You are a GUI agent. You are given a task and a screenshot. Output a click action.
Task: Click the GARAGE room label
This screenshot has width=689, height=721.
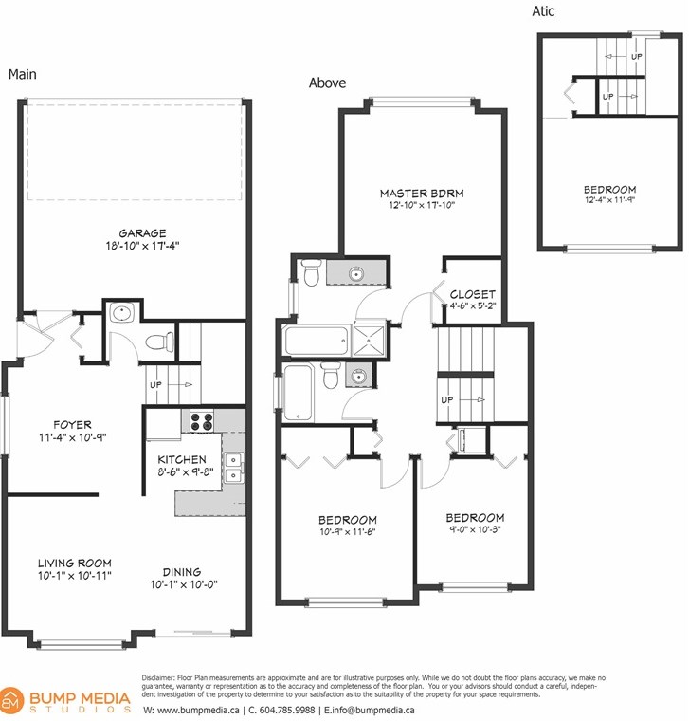tap(142, 233)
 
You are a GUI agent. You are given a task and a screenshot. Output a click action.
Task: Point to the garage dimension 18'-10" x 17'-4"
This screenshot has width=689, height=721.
tap(142, 246)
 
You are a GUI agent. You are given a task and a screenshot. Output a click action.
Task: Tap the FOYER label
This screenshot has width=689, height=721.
tap(73, 424)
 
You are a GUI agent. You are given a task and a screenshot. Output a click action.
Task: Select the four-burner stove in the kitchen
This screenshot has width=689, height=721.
tap(202, 421)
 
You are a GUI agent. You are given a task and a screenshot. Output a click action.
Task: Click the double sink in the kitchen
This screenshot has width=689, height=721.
tap(234, 468)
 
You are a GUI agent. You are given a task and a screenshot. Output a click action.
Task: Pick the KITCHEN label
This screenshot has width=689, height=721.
tap(182, 459)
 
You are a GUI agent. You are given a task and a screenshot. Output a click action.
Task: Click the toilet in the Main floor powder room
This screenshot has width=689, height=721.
tap(159, 342)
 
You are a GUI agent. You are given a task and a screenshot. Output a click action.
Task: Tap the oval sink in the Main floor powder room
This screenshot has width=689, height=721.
tap(121, 314)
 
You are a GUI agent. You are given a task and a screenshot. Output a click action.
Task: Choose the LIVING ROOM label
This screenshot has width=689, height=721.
tap(75, 563)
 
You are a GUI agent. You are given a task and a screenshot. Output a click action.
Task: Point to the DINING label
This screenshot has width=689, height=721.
tap(182, 572)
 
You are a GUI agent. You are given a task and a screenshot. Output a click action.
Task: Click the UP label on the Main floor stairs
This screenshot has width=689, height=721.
tap(155, 385)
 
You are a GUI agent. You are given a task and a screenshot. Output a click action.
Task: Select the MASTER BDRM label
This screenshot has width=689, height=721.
tap(422, 194)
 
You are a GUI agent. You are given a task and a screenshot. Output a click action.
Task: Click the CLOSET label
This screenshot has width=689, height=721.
tap(473, 294)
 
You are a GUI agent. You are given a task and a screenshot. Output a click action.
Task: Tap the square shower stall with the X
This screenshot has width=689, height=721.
tap(369, 340)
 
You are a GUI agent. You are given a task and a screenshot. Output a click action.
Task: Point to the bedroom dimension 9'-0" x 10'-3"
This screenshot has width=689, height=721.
tap(475, 529)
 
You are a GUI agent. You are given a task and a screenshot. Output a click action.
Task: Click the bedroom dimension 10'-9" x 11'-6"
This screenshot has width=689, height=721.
tap(348, 532)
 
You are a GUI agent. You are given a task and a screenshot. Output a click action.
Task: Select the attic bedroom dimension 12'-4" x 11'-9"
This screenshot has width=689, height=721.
tap(610, 200)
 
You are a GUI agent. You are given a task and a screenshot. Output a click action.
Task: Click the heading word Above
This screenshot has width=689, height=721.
tap(328, 83)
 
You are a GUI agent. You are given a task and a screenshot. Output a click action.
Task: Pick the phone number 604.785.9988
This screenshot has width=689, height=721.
tap(287, 710)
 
